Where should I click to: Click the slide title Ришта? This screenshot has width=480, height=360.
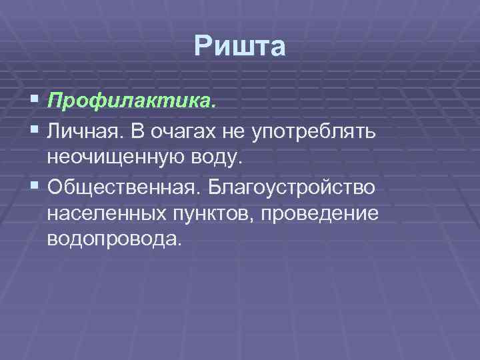240,47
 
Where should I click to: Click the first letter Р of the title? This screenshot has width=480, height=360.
203,47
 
